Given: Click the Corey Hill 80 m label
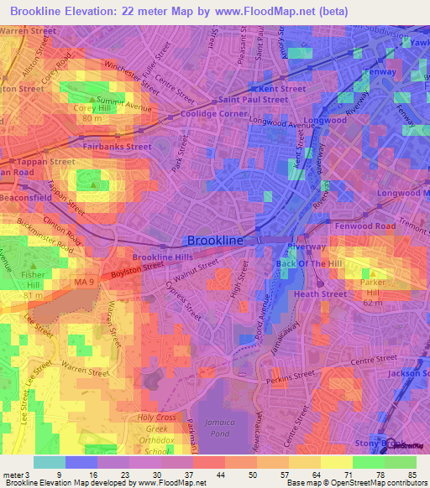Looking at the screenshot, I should [97, 112].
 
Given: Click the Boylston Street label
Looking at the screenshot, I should [136, 270].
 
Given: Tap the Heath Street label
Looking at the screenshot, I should [319, 294].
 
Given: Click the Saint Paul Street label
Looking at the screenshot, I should [253, 100].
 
